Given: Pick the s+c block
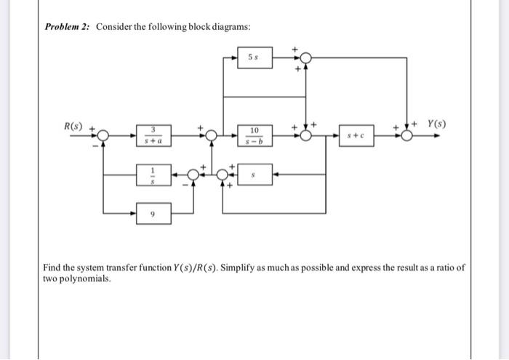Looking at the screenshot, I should click(x=356, y=135).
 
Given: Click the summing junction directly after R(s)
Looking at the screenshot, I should click(x=103, y=135).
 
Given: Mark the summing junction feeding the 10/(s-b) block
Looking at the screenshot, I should click(x=212, y=135).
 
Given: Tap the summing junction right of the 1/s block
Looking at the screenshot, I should click(x=194, y=175).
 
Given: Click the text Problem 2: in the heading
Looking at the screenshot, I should click(x=68, y=27).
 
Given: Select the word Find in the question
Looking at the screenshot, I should click(x=53, y=268).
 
